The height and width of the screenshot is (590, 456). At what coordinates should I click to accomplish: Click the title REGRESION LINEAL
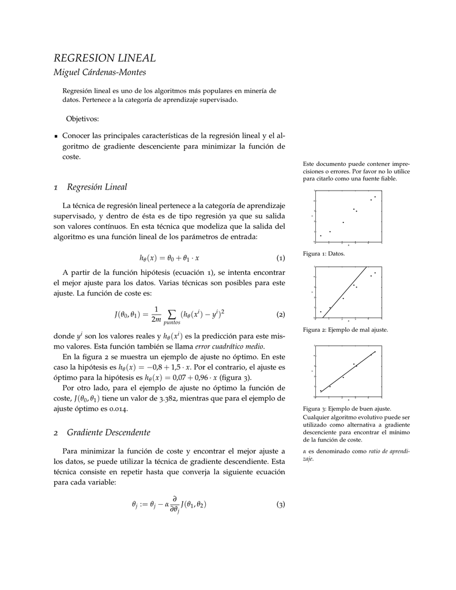(x=104, y=58)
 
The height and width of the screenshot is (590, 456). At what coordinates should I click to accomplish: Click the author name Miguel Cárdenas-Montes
(x=100, y=72)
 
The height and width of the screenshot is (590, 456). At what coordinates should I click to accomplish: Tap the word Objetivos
(x=83, y=119)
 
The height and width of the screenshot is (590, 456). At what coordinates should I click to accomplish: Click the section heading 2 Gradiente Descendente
(x=101, y=432)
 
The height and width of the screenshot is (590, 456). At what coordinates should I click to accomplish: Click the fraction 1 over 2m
(x=156, y=315)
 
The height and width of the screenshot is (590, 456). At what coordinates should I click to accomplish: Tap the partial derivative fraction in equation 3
(x=174, y=505)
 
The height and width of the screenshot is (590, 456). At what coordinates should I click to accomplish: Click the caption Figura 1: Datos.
(x=323, y=254)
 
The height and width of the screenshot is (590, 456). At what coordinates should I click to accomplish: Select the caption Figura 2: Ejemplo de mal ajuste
(x=345, y=330)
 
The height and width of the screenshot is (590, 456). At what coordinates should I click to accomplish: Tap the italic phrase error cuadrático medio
(x=229, y=346)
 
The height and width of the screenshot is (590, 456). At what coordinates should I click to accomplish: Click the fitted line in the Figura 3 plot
(x=348, y=372)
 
